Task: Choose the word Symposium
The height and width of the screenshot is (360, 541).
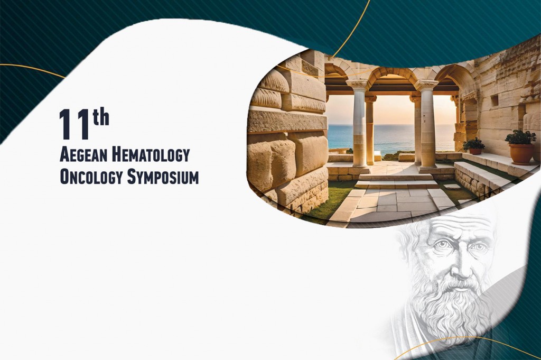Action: (x=163, y=177)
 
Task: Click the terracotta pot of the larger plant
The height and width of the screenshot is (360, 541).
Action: (x=521, y=154)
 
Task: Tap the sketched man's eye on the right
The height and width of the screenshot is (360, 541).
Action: (x=480, y=247)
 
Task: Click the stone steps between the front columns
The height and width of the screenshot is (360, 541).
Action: (x=395, y=181)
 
